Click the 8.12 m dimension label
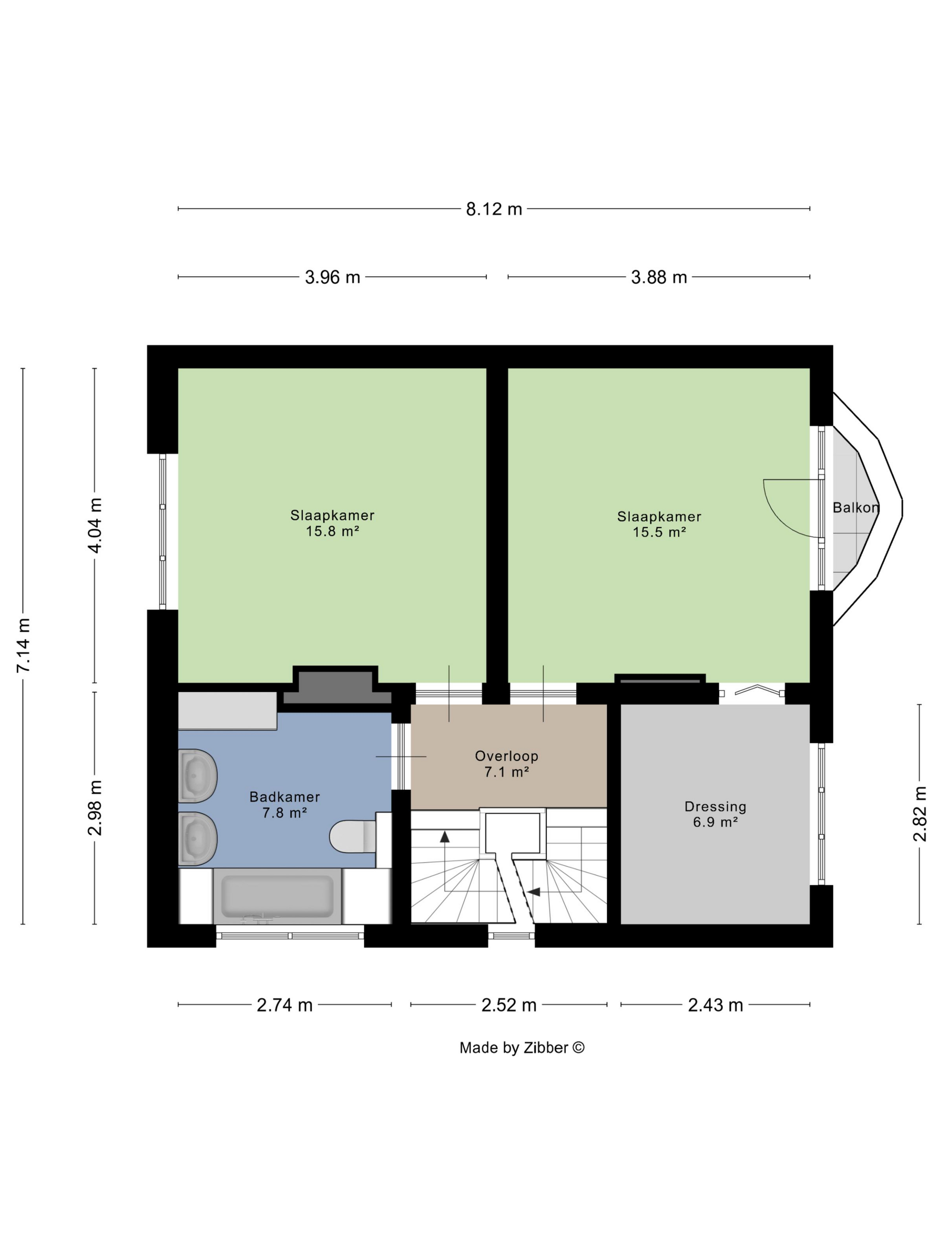[x=494, y=209]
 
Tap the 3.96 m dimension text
[x=333, y=277]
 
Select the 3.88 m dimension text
[x=659, y=277]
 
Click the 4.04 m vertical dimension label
[x=95, y=525]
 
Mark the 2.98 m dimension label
[x=95, y=807]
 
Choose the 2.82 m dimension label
[x=920, y=813]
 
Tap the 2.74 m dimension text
[x=285, y=1005]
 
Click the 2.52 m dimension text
[x=509, y=1005]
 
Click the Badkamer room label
[x=285, y=797]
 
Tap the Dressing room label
[x=715, y=806]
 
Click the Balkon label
[x=855, y=507]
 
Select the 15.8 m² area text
[x=333, y=531]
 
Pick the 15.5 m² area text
[x=659, y=532]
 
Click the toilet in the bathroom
[x=353, y=836]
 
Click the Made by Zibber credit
[x=522, y=1048]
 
